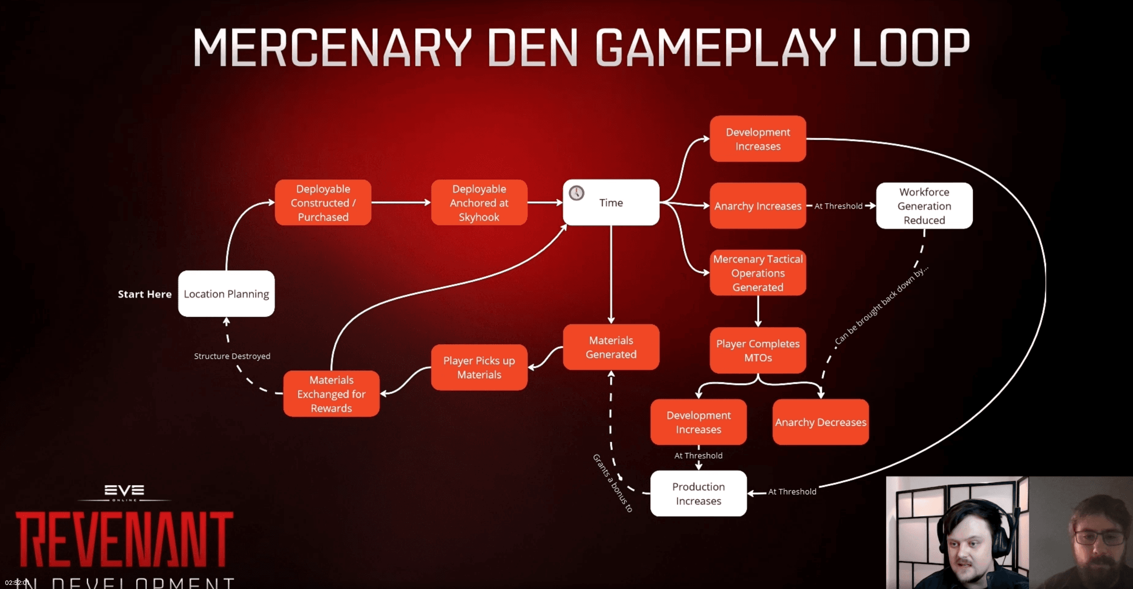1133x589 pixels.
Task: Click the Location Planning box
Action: (226, 294)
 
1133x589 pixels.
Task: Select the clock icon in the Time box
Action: (577, 193)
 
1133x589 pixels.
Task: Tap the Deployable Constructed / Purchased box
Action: (323, 203)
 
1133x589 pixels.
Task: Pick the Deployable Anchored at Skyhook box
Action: (479, 203)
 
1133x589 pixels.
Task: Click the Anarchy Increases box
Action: (758, 206)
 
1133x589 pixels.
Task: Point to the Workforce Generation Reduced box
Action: (924, 206)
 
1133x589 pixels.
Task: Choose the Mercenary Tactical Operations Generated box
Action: (758, 273)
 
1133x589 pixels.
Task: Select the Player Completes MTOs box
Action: (758, 351)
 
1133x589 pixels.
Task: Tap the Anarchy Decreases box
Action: (821, 422)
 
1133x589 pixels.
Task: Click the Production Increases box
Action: (698, 494)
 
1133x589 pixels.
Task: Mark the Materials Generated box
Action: (611, 347)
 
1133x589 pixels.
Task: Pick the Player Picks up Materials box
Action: (479, 367)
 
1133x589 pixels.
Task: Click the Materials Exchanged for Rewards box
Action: (331, 394)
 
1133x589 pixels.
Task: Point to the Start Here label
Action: (145, 294)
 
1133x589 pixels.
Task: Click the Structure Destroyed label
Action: (232, 356)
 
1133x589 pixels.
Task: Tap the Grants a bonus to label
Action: (613, 483)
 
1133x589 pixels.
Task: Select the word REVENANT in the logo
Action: (125, 540)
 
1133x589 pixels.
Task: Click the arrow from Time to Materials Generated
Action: (611, 275)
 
